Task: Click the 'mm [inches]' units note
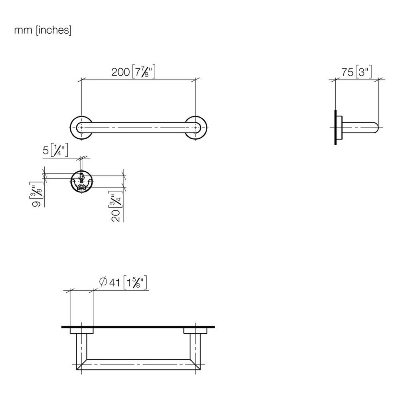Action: (43, 30)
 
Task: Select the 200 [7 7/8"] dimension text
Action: (134, 72)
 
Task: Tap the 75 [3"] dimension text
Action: (357, 72)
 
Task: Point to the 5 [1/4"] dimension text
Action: (55, 150)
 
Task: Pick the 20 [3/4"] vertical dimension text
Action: (116, 206)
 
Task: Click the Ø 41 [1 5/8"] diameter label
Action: (123, 283)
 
